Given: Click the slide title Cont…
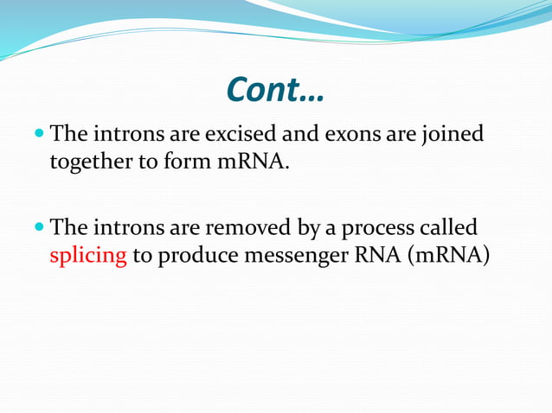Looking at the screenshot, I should (275, 89).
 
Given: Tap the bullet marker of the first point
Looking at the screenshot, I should (41, 135).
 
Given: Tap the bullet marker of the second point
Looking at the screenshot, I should (41, 229).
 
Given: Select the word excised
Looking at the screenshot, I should (246, 135).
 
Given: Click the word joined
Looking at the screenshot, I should (453, 137).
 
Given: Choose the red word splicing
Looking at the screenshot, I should (88, 258).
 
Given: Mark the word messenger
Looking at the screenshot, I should (292, 258).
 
